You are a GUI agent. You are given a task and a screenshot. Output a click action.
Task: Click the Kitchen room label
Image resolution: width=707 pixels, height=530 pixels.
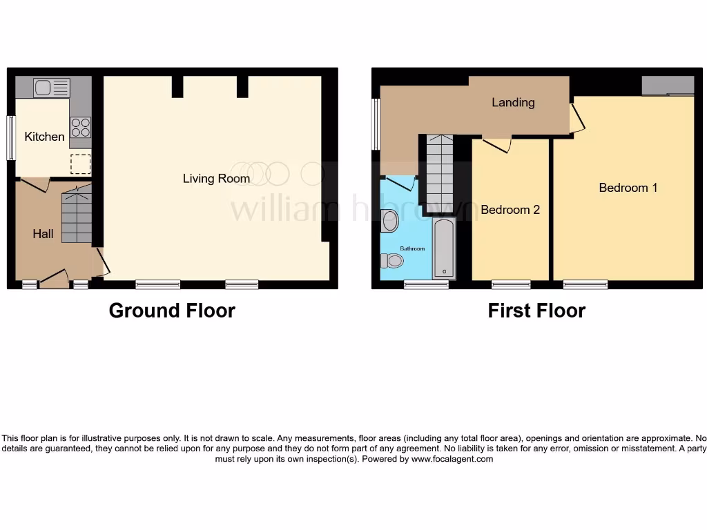[x=44, y=137]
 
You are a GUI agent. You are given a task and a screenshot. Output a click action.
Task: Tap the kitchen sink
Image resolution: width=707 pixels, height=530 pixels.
[x=52, y=88]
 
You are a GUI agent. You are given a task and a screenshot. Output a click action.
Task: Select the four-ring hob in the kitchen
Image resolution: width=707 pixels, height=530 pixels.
[x=80, y=128]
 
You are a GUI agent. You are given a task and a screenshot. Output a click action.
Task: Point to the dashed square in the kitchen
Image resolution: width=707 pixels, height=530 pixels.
[x=80, y=164]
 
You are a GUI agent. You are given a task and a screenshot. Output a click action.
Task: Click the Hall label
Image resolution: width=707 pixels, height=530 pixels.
[x=43, y=234]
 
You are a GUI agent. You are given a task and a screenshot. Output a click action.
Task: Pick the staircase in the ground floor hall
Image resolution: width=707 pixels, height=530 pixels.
[x=76, y=217]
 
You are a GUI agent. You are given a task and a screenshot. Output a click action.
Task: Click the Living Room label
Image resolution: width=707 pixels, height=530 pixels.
[x=216, y=179]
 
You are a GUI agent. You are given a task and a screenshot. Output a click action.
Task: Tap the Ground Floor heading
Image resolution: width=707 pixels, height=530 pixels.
[x=172, y=311]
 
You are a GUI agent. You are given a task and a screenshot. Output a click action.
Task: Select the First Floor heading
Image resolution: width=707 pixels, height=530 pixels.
[x=536, y=311]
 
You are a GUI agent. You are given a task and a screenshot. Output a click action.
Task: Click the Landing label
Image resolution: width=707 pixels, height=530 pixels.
[x=513, y=102]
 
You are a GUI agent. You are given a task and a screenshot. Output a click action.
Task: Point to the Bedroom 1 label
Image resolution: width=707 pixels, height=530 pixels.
[x=628, y=188]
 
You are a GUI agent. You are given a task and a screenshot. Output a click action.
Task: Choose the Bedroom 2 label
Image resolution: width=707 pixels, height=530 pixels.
[x=510, y=210]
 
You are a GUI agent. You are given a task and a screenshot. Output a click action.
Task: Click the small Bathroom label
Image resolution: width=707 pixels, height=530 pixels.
[x=413, y=248]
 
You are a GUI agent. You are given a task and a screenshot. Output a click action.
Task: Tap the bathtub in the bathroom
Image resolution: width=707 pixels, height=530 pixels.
[x=444, y=248]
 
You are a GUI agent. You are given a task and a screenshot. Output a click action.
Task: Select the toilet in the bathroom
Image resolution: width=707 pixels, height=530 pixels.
[x=392, y=260]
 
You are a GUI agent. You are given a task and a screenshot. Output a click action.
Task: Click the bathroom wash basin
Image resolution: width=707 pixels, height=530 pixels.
[x=389, y=221]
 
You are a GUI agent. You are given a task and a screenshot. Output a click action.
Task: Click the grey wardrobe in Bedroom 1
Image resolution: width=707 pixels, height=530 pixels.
[x=668, y=86]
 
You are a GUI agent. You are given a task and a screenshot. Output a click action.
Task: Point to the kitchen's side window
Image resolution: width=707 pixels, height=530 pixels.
[x=11, y=138]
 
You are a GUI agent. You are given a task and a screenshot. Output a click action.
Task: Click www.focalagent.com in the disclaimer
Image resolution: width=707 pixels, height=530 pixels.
[x=452, y=459]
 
